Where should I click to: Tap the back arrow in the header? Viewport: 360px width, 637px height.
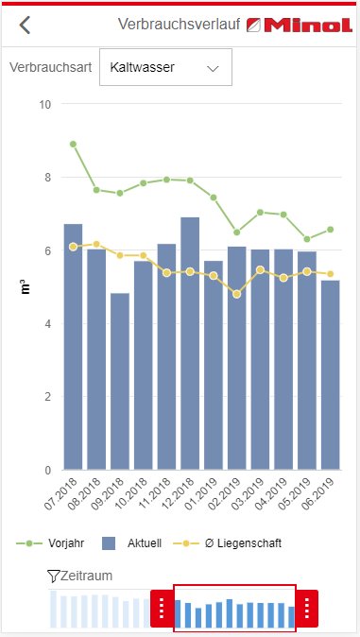click(25, 26)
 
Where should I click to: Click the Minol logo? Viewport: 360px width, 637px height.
click(300, 26)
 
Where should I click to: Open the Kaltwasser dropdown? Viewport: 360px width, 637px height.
click(165, 67)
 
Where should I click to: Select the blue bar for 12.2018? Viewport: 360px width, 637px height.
click(190, 344)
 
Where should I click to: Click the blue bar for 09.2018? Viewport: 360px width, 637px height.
click(120, 382)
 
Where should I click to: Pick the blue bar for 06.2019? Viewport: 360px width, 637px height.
click(331, 375)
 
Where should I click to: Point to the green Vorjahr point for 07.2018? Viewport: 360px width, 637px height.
click(73, 145)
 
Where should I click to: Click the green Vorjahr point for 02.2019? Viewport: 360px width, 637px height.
click(237, 232)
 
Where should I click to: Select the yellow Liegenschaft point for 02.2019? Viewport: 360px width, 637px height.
click(237, 294)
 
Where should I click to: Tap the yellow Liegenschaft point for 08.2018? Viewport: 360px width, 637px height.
click(96, 244)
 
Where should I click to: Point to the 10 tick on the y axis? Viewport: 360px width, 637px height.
click(45, 104)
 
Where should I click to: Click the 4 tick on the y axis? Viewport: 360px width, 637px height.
click(48, 324)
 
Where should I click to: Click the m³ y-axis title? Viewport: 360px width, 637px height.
click(26, 286)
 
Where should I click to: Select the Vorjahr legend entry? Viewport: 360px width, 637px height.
click(50, 543)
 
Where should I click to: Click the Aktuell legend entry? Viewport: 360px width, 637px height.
click(131, 543)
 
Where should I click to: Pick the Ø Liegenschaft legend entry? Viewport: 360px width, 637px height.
click(228, 543)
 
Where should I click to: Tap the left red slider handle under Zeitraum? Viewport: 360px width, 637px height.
click(163, 608)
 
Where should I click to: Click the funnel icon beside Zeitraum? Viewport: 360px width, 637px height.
click(53, 576)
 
